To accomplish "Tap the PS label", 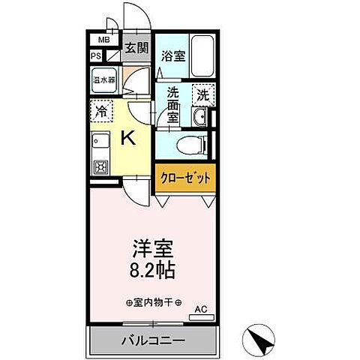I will click(96, 55).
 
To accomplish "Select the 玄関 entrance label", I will click(135, 49).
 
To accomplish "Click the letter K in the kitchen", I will click(127, 138).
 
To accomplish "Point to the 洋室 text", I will click(151, 245).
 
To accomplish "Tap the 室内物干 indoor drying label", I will click(151, 302).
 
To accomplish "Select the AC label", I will click(200, 309).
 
